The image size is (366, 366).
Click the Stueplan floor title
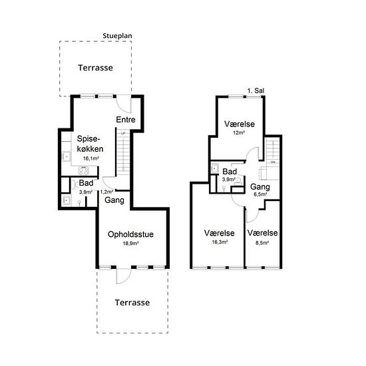click(x=117, y=36)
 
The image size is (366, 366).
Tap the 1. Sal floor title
click(x=256, y=91)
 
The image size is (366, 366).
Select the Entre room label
click(x=126, y=120)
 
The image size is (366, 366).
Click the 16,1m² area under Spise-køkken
click(x=91, y=158)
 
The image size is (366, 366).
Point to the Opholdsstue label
click(x=130, y=234)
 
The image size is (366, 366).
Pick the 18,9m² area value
click(x=130, y=243)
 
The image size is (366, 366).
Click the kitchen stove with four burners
click(x=83, y=170)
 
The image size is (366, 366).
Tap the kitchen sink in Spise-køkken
click(x=67, y=156)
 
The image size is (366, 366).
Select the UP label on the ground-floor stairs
click(x=123, y=133)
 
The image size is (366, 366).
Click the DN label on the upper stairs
click(x=273, y=162)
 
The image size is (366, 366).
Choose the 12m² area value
click(x=239, y=133)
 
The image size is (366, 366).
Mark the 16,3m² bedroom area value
click(x=220, y=242)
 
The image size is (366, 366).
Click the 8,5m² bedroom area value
click(x=262, y=243)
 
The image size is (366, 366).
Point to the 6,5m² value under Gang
click(x=260, y=194)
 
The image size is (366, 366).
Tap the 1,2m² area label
click(x=106, y=192)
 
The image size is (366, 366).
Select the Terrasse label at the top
click(x=95, y=68)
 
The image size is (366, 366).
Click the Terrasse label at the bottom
click(x=132, y=303)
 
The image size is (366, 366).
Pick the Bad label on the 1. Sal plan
click(x=230, y=172)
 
